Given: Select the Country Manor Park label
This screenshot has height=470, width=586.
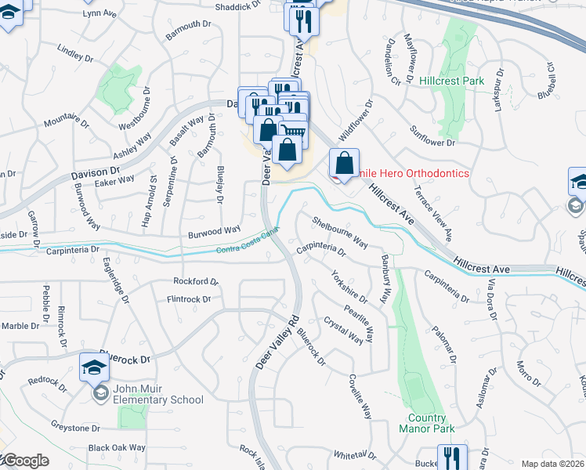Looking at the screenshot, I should pos(426,424).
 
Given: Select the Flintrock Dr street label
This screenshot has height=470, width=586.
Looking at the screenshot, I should pos(189,299).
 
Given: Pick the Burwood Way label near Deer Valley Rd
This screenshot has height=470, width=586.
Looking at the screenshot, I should pos(214,230).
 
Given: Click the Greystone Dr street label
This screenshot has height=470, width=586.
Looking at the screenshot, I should pos(76,428).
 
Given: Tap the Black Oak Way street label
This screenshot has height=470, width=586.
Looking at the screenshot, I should pos(117,448).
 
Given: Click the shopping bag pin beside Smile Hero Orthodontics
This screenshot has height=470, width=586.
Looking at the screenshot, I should pos(344,164).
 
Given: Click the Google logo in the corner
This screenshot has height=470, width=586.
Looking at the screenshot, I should pos(25,461).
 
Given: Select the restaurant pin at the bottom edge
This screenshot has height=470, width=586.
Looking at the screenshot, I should pos(452,457).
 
